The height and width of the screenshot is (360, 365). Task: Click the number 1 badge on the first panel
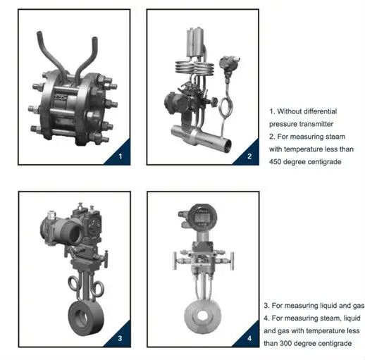[120, 155]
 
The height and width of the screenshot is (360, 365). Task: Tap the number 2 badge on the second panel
[247, 155]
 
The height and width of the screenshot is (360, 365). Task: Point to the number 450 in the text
[277, 162]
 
